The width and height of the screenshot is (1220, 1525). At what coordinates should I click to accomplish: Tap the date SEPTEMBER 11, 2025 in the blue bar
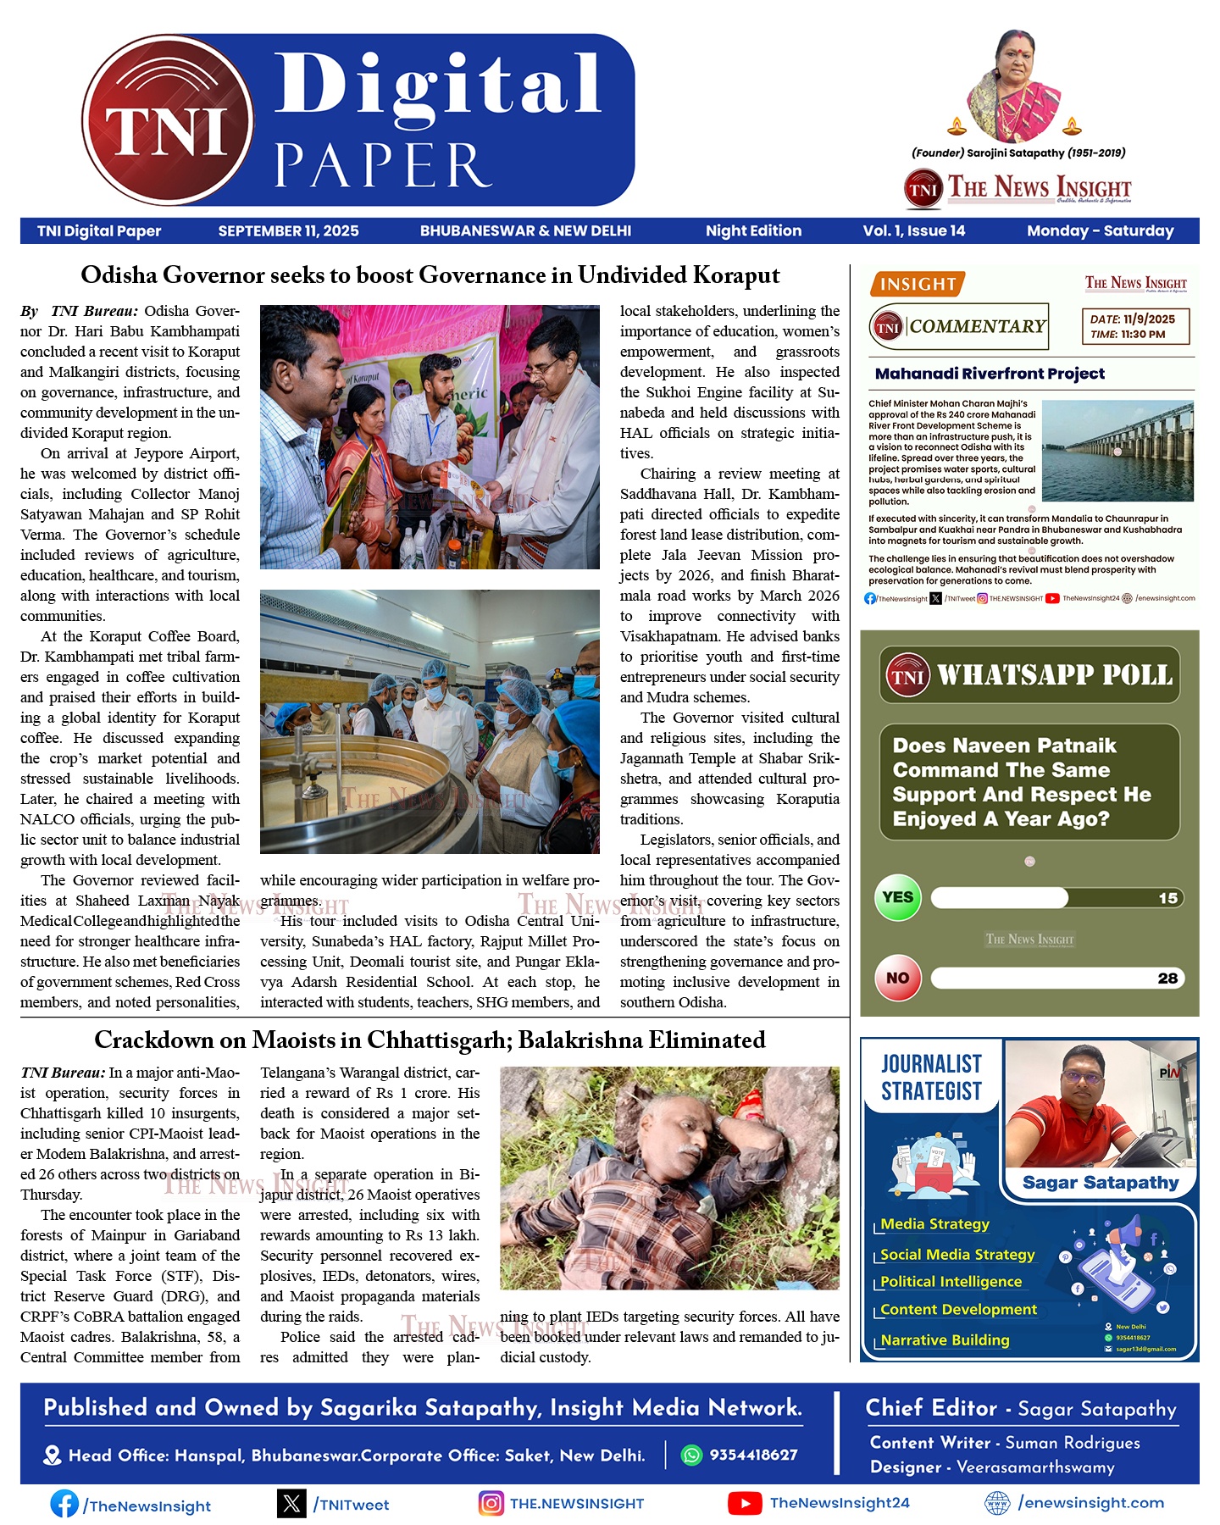click(x=288, y=231)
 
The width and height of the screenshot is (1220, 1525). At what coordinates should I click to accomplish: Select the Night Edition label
click(x=753, y=231)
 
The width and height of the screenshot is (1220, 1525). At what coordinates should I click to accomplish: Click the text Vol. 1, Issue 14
click(x=913, y=231)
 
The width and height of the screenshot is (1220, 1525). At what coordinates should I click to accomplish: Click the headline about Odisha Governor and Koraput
click(x=430, y=275)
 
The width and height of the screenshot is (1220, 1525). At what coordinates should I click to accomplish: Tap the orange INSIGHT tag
click(x=917, y=285)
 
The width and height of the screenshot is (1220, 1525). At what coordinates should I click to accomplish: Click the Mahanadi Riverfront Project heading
click(x=990, y=374)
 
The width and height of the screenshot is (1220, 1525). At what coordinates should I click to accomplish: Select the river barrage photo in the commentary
click(x=1117, y=451)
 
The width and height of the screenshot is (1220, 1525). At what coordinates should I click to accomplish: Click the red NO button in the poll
click(x=897, y=978)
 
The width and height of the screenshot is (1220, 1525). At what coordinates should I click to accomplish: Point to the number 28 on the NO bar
click(x=1167, y=979)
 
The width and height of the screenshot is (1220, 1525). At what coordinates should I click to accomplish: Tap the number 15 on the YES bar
click(x=1167, y=898)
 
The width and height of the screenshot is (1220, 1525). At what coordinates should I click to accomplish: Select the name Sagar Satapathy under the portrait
click(x=1100, y=1183)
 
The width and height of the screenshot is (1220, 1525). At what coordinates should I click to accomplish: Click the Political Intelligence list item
click(x=951, y=1282)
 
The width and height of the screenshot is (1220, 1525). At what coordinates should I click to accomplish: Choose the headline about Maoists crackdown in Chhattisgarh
click(x=430, y=1040)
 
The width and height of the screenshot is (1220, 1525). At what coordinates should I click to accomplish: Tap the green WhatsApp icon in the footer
click(x=692, y=1455)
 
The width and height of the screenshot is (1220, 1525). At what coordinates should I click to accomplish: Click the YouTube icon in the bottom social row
click(x=744, y=1503)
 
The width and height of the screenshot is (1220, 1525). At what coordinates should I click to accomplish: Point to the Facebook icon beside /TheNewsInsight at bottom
click(x=64, y=1504)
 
